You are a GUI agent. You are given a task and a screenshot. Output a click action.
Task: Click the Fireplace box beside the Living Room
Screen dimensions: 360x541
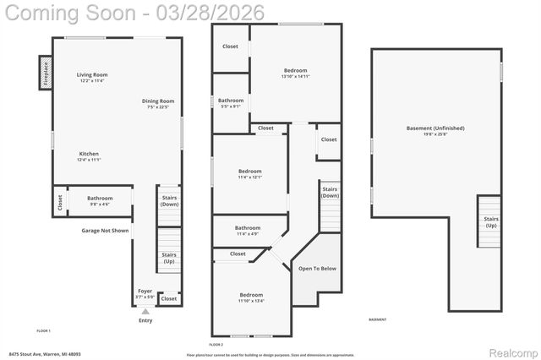click(44, 72)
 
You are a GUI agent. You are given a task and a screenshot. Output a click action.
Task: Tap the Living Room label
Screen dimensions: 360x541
click(92, 78)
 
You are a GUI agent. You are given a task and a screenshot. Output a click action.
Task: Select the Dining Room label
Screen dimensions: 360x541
click(158, 104)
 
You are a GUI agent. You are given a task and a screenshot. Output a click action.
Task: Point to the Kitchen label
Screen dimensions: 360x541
click(89, 156)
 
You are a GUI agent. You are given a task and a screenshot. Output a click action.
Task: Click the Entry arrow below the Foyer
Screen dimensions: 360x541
click(145, 312)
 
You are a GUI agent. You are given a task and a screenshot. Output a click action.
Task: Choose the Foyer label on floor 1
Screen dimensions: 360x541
click(145, 293)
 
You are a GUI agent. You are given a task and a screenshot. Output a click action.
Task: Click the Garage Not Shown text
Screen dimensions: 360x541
click(105, 230)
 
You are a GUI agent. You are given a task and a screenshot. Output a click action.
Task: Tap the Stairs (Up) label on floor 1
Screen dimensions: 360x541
click(169, 258)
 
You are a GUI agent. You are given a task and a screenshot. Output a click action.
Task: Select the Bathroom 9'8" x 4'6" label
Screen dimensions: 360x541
click(99, 201)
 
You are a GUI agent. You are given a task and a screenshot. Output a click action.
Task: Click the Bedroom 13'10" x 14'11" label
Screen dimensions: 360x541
click(295, 74)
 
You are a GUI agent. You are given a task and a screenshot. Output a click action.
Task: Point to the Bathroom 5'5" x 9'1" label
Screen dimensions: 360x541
click(231, 103)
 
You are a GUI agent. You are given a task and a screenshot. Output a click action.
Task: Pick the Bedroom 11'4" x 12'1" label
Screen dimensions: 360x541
click(249, 174)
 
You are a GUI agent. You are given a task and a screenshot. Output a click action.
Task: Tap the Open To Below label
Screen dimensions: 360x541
click(317, 268)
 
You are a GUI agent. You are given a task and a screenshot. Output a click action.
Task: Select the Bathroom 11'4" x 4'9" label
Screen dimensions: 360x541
click(248, 230)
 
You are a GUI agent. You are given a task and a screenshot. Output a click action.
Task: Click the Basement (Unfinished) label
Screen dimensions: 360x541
click(435, 131)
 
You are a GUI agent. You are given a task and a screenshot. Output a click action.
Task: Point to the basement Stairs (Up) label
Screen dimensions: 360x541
click(490, 222)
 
